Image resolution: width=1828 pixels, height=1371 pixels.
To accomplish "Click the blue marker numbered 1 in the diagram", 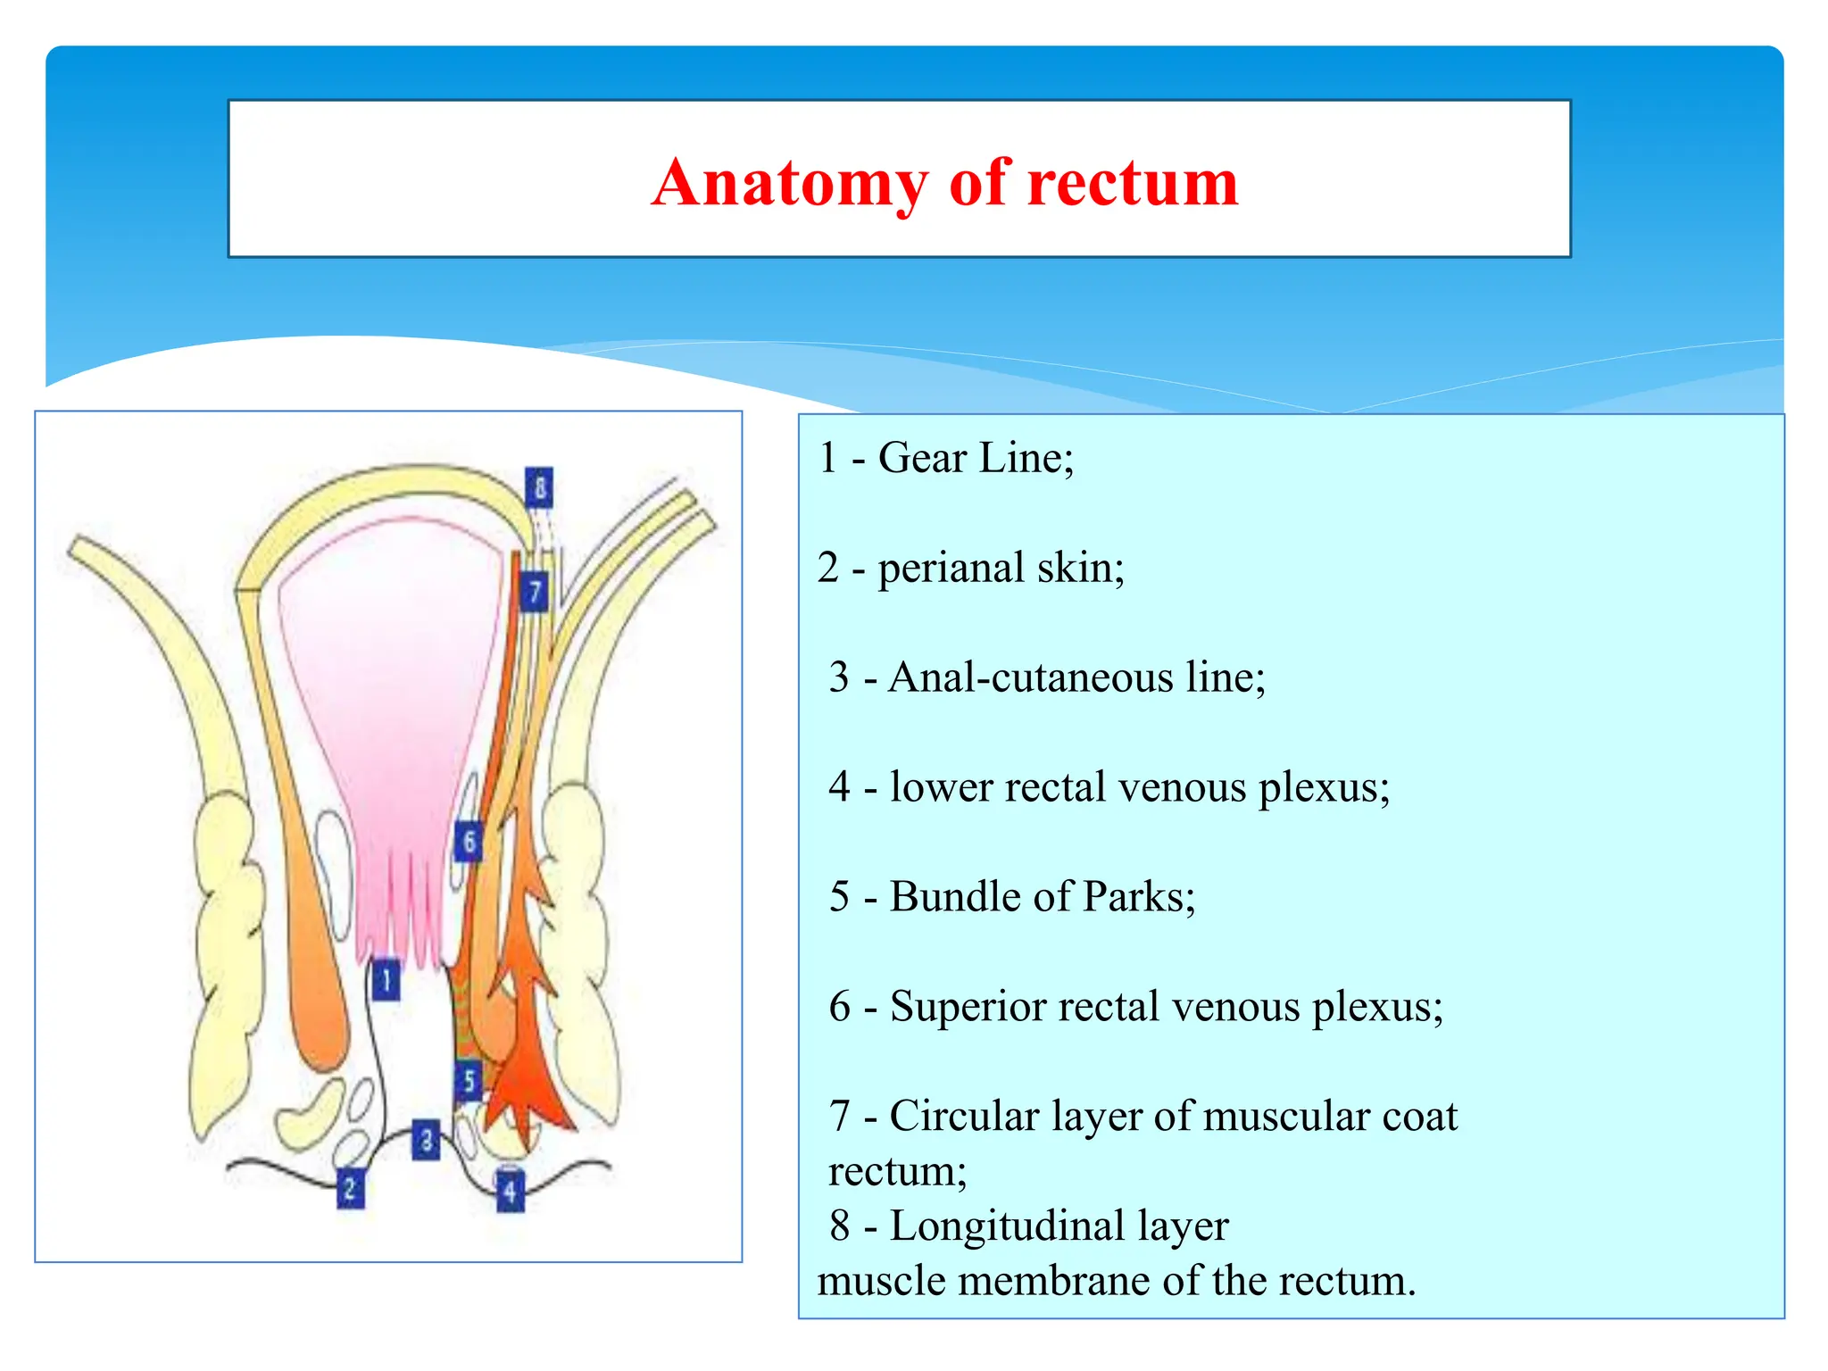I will click(x=386, y=981).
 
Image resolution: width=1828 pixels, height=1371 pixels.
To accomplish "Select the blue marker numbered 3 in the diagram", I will click(x=426, y=1140).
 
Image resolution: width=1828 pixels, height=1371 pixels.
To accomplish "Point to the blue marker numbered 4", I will click(x=510, y=1191).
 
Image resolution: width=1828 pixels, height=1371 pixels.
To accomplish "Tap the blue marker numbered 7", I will click(x=534, y=592).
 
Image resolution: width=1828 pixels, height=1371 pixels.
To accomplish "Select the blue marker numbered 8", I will click(x=539, y=487).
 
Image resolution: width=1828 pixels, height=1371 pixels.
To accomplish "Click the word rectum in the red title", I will click(x=1133, y=183).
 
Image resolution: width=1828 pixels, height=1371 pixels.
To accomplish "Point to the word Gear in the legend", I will click(x=922, y=458).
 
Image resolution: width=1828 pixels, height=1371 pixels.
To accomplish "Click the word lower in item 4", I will click(x=941, y=787).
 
